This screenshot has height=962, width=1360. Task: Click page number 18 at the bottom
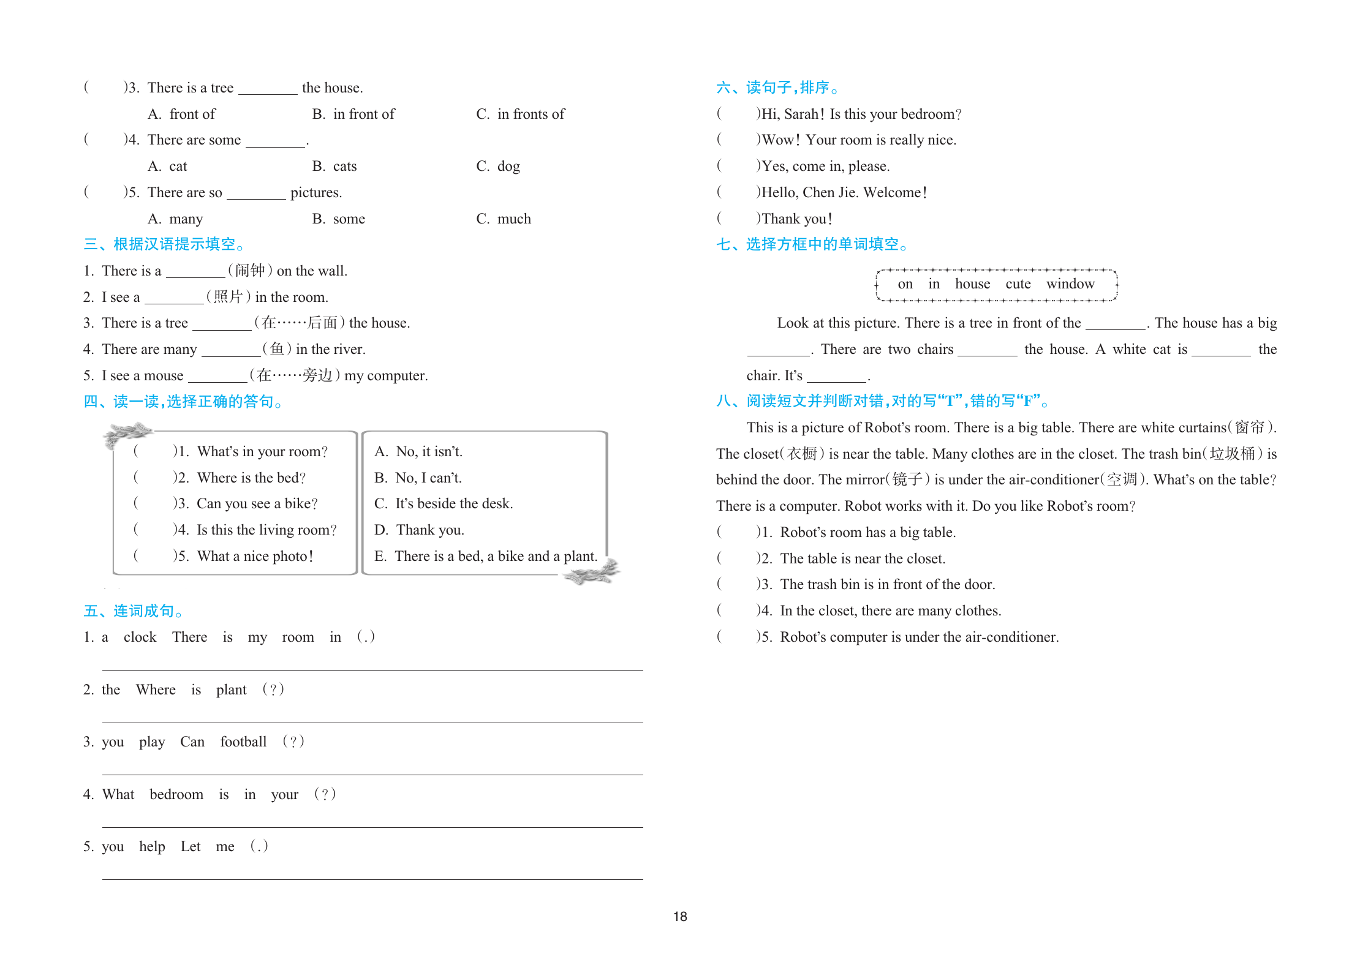[680, 916]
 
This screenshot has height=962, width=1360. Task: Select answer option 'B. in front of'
[353, 114]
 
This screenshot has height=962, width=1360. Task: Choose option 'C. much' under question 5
[504, 219]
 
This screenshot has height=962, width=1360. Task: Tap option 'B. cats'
[334, 166]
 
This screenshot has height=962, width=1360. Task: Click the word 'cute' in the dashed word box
[1018, 284]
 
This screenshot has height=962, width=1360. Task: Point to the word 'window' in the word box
[1070, 284]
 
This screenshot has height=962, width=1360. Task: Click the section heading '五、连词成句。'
[134, 611]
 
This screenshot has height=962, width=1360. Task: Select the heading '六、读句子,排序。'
[777, 88]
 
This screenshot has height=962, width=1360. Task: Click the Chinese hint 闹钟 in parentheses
[250, 271]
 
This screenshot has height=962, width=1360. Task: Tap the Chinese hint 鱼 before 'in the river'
[277, 349]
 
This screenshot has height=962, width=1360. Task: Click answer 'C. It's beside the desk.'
[444, 503]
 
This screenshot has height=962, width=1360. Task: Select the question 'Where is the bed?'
[251, 478]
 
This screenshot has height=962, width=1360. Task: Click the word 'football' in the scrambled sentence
[243, 742]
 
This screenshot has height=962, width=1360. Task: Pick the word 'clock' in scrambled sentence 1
[140, 637]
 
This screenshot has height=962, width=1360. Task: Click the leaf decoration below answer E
[591, 573]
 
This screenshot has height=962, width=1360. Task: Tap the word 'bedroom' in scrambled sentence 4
[176, 794]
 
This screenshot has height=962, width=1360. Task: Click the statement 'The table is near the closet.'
[863, 558]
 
